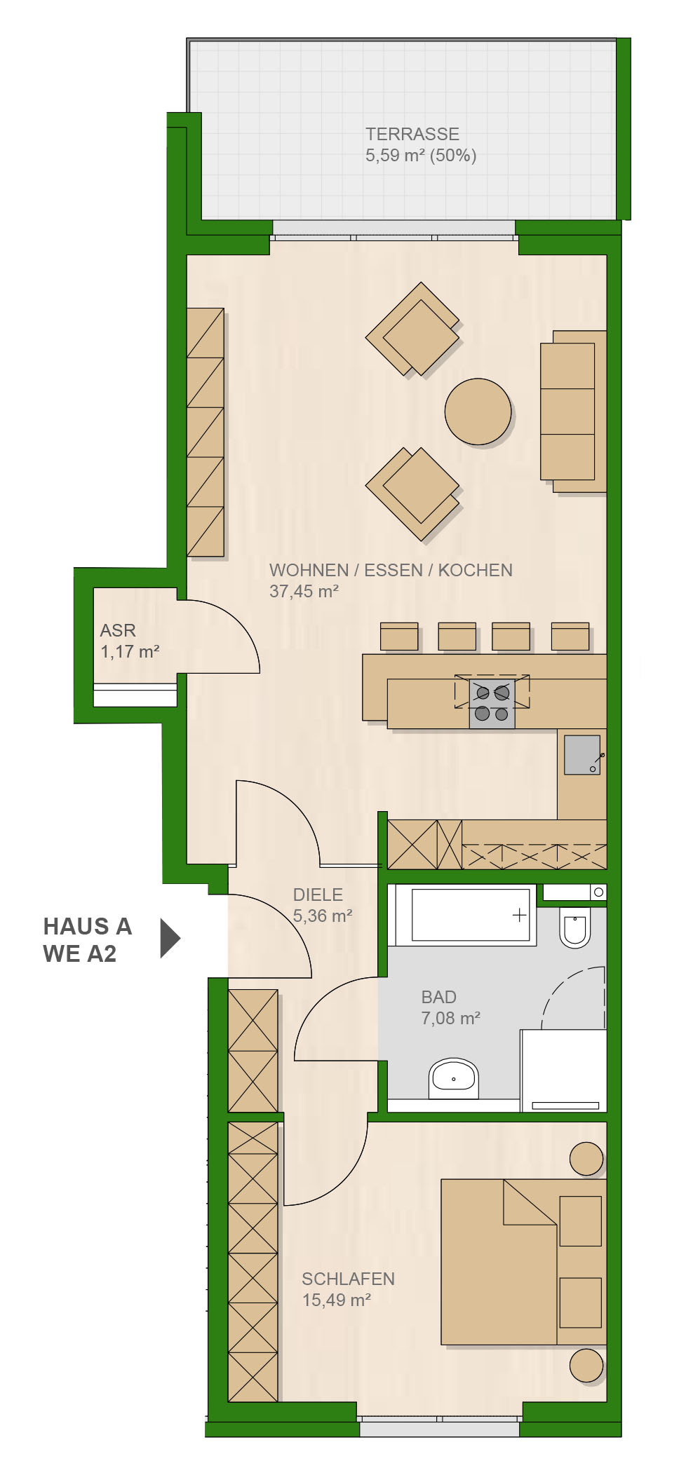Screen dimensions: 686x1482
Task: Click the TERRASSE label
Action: pyautogui.click(x=412, y=134)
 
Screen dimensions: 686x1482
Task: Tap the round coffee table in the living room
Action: pyautogui.click(x=478, y=412)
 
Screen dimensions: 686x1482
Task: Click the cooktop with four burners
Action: pyautogui.click(x=492, y=703)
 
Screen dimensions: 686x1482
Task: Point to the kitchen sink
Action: pyautogui.click(x=582, y=754)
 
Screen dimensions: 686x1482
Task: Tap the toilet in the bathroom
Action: pyautogui.click(x=575, y=927)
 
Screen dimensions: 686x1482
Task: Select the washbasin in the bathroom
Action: pyautogui.click(x=453, y=1078)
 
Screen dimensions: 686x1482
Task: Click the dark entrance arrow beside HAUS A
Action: pyautogui.click(x=170, y=938)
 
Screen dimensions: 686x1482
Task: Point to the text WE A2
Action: pyautogui.click(x=79, y=954)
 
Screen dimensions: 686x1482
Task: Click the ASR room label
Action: pyautogui.click(x=118, y=630)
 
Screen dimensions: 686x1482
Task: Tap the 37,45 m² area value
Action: pyautogui.click(x=304, y=592)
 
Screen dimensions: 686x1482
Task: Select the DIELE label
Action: pyautogui.click(x=318, y=895)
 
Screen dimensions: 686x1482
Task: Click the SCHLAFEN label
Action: pyautogui.click(x=349, y=1279)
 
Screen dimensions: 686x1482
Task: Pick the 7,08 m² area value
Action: pyautogui.click(x=451, y=1018)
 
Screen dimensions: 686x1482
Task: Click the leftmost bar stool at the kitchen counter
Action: pyautogui.click(x=399, y=637)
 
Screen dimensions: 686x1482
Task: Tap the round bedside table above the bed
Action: pyautogui.click(x=586, y=1158)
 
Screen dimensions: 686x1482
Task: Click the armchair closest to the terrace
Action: pyautogui.click(x=413, y=329)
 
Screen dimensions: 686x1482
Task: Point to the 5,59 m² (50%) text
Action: pyautogui.click(x=421, y=156)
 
